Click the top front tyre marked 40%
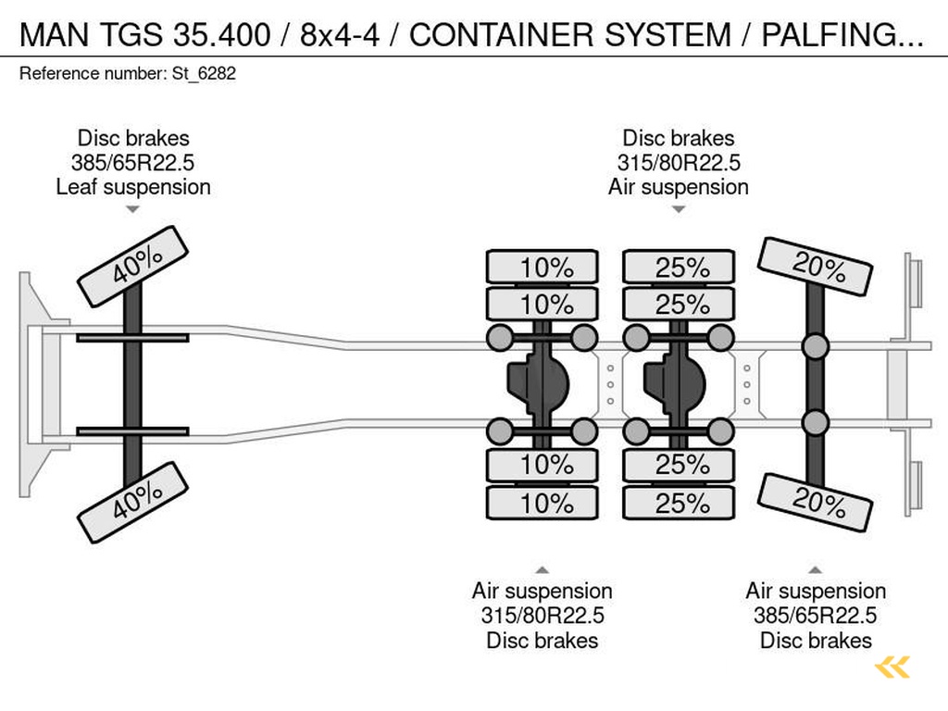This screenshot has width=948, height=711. (x=133, y=266)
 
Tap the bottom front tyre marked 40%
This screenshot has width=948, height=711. (x=133, y=501)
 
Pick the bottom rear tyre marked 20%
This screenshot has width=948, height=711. (x=816, y=502)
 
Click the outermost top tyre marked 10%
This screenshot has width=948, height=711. (x=543, y=268)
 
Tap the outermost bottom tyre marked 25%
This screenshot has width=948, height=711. (x=679, y=504)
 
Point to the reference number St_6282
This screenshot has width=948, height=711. (x=128, y=74)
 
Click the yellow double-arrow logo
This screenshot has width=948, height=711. (x=892, y=667)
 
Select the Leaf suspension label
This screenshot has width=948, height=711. (x=133, y=187)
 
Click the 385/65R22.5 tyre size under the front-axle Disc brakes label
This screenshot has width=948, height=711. (x=133, y=163)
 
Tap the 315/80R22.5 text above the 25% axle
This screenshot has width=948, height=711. (x=679, y=163)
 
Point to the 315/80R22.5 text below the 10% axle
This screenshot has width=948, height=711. (x=543, y=616)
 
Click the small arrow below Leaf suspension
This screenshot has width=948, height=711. (x=133, y=210)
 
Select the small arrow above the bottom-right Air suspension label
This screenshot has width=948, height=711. (x=816, y=569)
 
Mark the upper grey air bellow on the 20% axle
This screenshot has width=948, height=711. (x=816, y=347)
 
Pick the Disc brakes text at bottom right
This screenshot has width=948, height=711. (x=816, y=640)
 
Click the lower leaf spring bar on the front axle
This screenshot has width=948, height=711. (x=133, y=430)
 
